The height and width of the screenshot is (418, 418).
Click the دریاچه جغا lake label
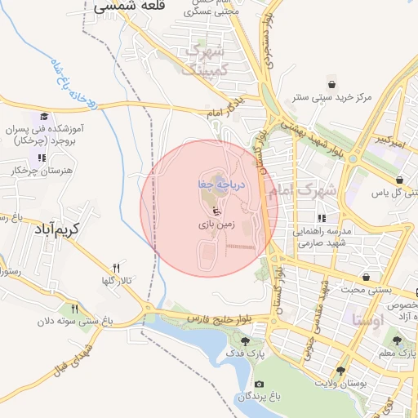coord(210,185)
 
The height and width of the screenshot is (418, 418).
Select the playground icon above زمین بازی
coord(205,209)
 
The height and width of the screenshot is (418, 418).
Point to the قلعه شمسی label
coord(130,6)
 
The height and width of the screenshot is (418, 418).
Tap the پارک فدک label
coord(248,354)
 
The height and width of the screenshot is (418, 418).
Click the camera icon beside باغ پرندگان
coord(259,384)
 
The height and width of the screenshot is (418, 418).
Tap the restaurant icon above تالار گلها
coord(116,268)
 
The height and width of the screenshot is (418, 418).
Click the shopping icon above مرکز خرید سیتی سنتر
coord(331,83)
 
